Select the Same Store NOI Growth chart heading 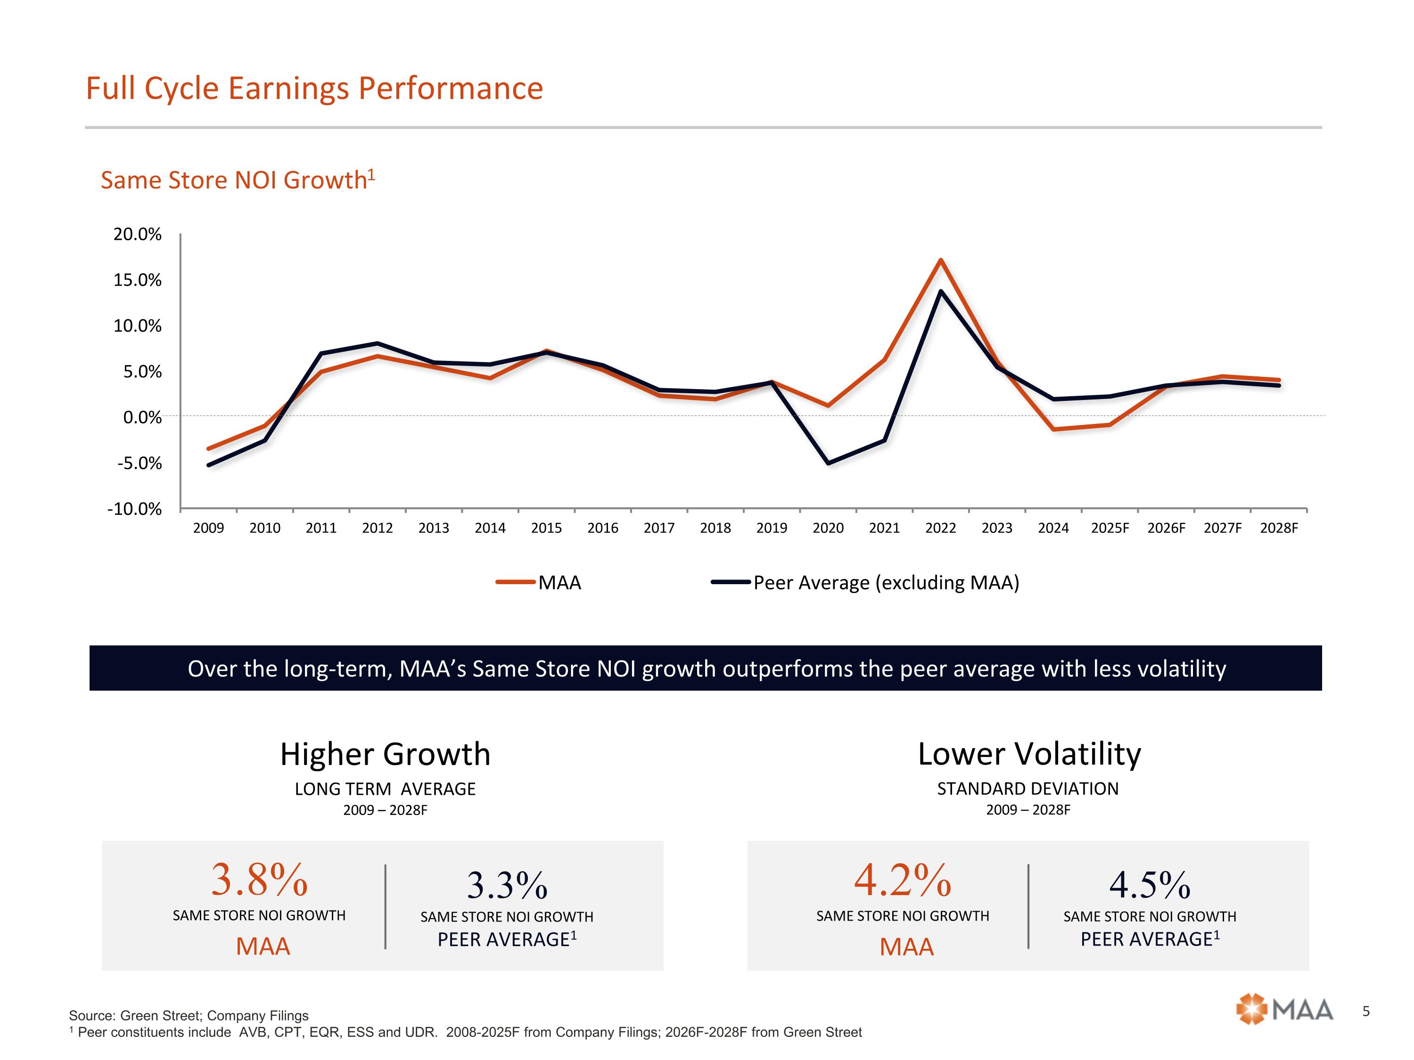[237, 180]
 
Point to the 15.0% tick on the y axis [138, 280]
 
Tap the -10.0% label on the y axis [134, 509]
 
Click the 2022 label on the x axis [940, 528]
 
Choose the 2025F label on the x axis [1110, 528]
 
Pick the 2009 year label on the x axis [208, 528]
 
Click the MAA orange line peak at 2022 [940, 260]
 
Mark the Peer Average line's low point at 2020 [829, 463]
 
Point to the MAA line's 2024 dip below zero [1053, 429]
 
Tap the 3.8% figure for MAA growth [260, 880]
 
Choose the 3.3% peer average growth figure [507, 885]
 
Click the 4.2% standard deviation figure [903, 880]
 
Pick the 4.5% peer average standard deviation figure [1150, 885]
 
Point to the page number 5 [1365, 1011]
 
